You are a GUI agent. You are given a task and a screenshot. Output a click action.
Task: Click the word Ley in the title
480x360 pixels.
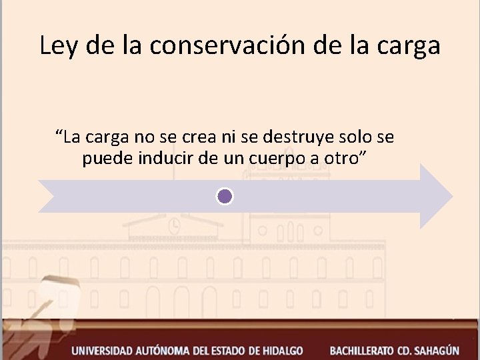click(56, 46)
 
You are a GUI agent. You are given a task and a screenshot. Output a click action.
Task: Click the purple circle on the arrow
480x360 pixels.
click(225, 196)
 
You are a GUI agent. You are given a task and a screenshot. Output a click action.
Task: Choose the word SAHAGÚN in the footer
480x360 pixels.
click(436, 349)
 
